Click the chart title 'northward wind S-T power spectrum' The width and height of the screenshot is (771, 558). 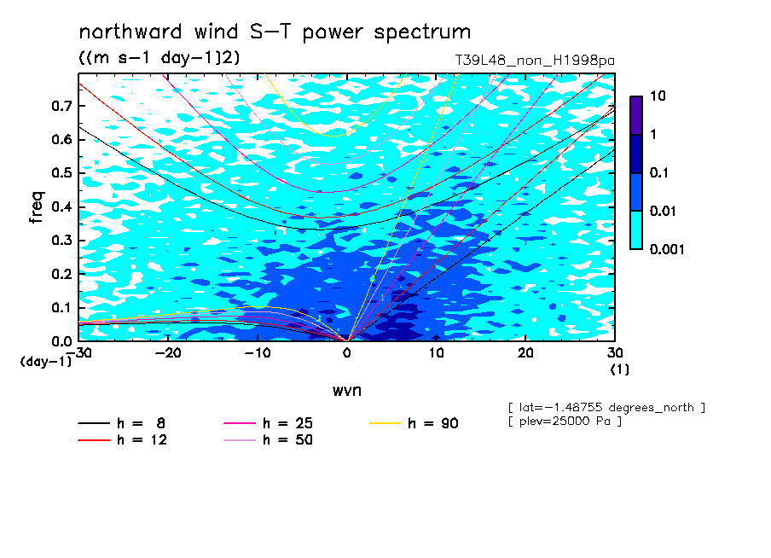pos(275,32)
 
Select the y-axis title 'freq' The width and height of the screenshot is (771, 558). pos(36,206)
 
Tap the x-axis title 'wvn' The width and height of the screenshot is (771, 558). pos(347,391)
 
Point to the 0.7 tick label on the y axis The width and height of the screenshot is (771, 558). pos(61,106)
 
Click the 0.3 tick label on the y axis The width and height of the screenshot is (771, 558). pos(61,240)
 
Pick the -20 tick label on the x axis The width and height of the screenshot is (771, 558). pos(168,353)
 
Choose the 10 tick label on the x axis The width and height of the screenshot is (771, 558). pos(437,353)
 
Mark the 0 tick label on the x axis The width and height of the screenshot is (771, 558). pos(347,353)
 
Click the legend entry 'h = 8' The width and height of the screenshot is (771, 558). pos(122,423)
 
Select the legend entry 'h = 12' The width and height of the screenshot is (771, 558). pos(123,440)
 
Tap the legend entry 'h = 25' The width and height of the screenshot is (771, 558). pos(269,423)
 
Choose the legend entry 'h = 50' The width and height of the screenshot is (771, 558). pos(269,440)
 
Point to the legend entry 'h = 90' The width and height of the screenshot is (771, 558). pos(414,423)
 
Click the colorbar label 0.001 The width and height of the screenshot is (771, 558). pos(667,249)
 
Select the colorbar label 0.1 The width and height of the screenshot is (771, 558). pos(659,172)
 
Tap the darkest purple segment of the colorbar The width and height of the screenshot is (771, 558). pos(636,115)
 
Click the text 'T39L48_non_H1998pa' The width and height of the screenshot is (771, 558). pos(535,61)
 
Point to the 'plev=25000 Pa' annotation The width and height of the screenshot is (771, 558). pos(565,421)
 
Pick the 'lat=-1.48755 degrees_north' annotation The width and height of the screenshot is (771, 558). pos(606,408)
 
